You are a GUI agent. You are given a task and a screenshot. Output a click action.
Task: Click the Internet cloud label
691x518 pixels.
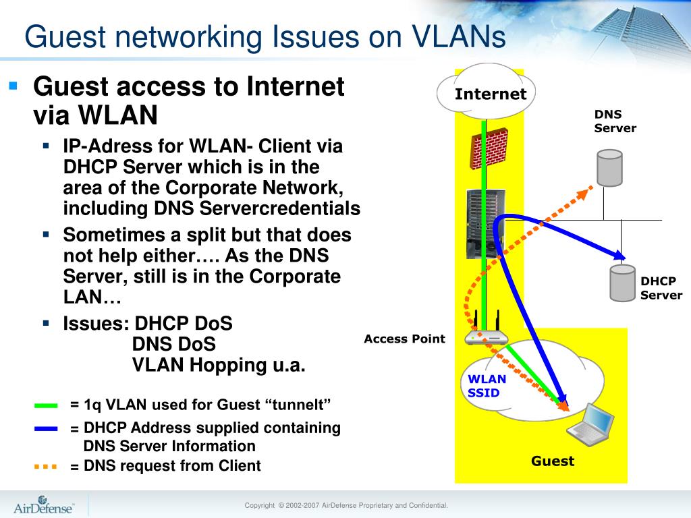(x=490, y=94)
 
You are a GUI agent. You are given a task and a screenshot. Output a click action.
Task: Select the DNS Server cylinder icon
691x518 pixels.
(x=609, y=168)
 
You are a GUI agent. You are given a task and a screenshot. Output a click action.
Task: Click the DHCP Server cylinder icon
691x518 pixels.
(x=622, y=284)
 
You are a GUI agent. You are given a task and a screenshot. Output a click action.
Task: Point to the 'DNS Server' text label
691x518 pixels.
(x=615, y=121)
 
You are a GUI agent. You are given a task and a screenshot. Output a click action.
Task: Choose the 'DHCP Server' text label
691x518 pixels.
(x=661, y=288)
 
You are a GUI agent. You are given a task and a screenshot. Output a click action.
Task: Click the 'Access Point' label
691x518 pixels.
(x=404, y=339)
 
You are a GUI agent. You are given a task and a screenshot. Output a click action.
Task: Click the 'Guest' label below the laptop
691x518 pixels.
(x=552, y=461)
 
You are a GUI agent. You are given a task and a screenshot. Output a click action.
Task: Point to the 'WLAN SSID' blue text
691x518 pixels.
(x=487, y=385)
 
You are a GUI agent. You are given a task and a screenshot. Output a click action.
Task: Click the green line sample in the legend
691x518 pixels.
(x=46, y=405)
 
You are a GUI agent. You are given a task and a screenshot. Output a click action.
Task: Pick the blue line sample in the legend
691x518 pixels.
(x=46, y=428)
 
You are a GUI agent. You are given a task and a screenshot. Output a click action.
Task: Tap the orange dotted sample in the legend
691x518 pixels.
(x=46, y=466)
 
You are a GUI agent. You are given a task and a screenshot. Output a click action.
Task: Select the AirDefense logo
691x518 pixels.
(x=44, y=505)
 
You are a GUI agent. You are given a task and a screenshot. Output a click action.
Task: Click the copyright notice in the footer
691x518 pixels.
(x=345, y=505)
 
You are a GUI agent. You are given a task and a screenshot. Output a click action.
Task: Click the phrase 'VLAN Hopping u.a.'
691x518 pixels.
(x=219, y=365)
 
